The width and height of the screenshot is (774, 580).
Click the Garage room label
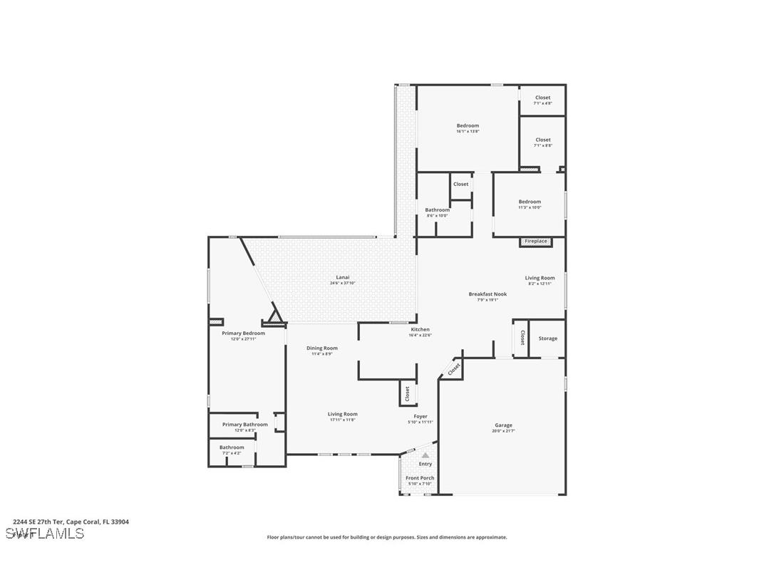502,425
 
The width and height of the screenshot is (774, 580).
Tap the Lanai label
343,277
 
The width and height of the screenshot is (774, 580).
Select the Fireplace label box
536,242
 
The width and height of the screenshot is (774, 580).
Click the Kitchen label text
420,330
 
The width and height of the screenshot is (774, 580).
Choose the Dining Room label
322,348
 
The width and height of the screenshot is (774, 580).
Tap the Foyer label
420,417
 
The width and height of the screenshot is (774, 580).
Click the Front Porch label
420,478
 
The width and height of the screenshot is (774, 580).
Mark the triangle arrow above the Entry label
425,455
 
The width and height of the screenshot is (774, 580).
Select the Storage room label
548,338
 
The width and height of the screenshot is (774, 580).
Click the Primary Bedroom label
243,333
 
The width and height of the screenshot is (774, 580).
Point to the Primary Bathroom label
244,425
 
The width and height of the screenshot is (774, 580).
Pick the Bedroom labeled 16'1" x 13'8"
468,126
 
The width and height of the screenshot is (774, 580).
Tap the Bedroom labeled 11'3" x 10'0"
530,202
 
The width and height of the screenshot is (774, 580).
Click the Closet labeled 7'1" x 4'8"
542,98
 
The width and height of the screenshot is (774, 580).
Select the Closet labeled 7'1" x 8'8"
542,140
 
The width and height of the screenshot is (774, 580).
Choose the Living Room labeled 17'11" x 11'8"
342,414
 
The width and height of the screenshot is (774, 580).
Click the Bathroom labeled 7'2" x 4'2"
232,447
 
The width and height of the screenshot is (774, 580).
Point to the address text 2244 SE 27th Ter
71,522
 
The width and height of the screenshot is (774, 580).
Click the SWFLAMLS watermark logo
44,534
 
